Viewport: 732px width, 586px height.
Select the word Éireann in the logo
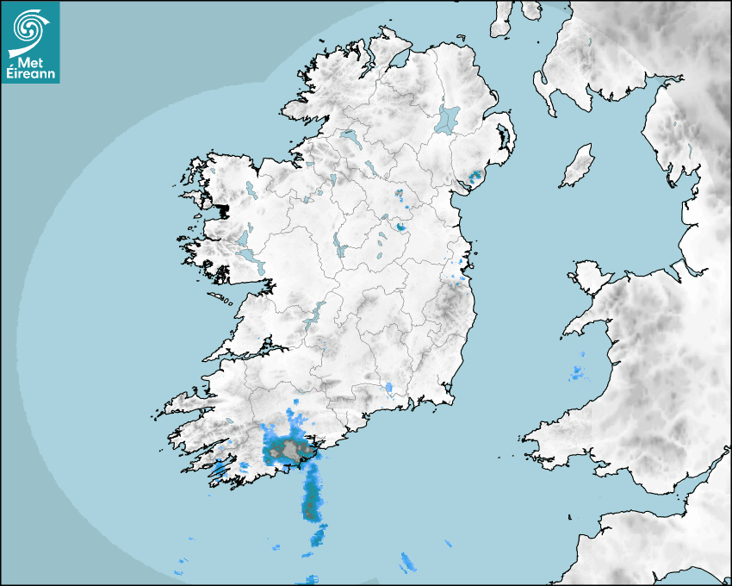30,74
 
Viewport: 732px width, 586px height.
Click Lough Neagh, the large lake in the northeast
448,118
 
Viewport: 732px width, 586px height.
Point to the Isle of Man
578,165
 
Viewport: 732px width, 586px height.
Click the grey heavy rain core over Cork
288,448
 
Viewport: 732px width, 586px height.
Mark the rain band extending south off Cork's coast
312,500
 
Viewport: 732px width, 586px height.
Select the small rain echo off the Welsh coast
575,373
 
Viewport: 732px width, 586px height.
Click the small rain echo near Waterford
389,389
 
